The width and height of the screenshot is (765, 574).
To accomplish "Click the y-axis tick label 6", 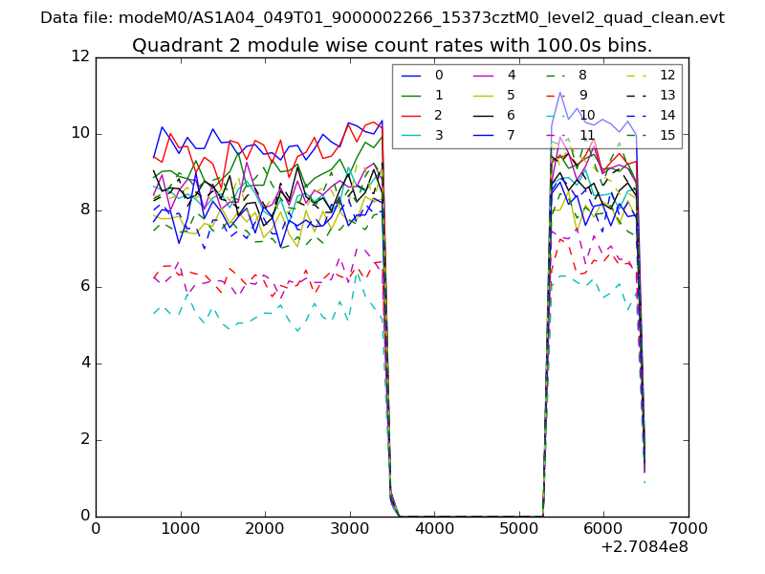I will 84,287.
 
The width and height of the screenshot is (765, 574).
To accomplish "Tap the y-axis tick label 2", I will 84,440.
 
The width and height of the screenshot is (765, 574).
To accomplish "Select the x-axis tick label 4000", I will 434,527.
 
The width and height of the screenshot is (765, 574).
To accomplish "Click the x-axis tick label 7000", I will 688,527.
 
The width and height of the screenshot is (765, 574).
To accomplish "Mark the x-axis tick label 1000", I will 181,527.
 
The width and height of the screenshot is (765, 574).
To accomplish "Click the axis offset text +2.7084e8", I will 643,546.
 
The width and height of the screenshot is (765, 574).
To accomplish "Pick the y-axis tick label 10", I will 80,134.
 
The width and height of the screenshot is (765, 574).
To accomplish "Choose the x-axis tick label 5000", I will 519,527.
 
